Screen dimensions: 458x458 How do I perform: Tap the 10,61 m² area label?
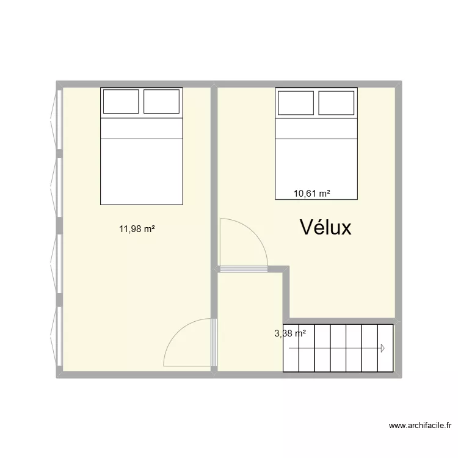[311, 194]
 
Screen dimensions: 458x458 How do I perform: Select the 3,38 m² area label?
[290, 333]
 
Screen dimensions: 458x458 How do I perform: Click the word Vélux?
[325, 228]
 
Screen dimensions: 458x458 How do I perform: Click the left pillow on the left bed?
[121, 101]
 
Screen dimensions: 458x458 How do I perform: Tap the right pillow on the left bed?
[161, 101]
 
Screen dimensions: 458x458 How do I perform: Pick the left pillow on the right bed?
[296, 102]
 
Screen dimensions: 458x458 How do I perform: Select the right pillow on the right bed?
[336, 102]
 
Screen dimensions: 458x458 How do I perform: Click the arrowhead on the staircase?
[382, 348]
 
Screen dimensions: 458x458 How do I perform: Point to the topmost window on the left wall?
[59, 119]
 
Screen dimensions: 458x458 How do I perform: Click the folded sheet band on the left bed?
[141, 128]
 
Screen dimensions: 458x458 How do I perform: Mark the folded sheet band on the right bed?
[316, 128]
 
